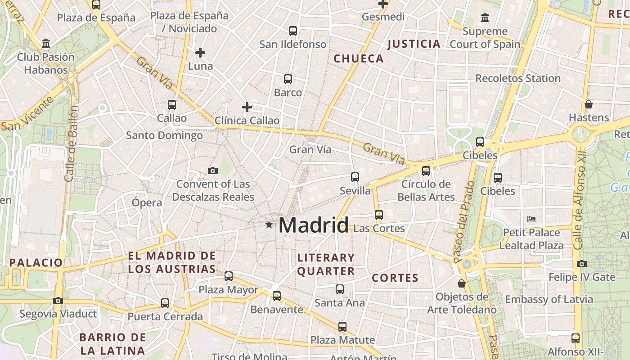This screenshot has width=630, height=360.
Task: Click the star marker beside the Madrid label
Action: pos(269,224)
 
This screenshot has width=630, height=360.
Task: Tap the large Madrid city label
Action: pos(314,225)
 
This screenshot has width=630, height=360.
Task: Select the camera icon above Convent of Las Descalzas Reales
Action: pos(213,171)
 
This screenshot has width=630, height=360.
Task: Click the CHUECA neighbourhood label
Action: pos(359,58)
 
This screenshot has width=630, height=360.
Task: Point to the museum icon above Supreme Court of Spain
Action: pos(485,18)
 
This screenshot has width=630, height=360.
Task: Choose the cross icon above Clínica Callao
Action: pos(247,107)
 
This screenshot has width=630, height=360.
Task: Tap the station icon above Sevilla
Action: pos(355,177)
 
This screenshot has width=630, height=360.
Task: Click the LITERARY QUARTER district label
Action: pos(326,264)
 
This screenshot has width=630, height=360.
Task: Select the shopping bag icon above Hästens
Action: pos(588,104)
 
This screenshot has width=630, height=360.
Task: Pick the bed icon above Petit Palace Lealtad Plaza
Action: pos(531,219)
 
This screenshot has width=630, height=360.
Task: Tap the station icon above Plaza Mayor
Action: pos(229,276)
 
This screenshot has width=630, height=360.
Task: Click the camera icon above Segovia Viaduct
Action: pos(58,301)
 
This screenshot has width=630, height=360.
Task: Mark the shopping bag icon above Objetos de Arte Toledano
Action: pos(461,283)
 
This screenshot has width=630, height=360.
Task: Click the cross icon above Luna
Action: pos(200,53)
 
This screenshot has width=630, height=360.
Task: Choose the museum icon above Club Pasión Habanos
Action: pos(45,44)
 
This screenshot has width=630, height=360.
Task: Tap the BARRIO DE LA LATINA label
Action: pos(112,344)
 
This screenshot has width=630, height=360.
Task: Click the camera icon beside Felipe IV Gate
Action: pos(582,264)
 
